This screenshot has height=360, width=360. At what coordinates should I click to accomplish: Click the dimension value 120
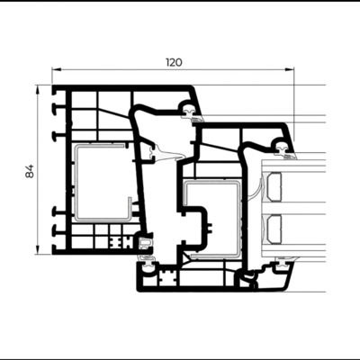pyautogui.click(x=174, y=62)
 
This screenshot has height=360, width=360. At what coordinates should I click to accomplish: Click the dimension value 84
pyautogui.click(x=30, y=171)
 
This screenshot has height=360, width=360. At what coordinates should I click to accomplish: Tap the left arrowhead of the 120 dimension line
pyautogui.click(x=57, y=69)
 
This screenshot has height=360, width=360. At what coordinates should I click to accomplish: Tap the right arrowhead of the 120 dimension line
pyautogui.click(x=289, y=69)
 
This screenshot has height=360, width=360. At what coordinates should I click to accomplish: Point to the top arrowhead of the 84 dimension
pyautogui.click(x=38, y=89)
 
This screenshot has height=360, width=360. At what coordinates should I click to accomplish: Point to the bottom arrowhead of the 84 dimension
pyautogui.click(x=38, y=250)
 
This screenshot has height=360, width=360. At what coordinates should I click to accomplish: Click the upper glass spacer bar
pyautogui.click(x=274, y=186)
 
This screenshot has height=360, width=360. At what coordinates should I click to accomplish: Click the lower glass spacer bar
pyautogui.click(x=274, y=229)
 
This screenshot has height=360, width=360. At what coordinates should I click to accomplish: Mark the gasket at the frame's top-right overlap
pyautogui.click(x=191, y=113)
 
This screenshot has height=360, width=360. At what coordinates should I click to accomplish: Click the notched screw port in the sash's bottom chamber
pyautogui.click(x=168, y=275)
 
